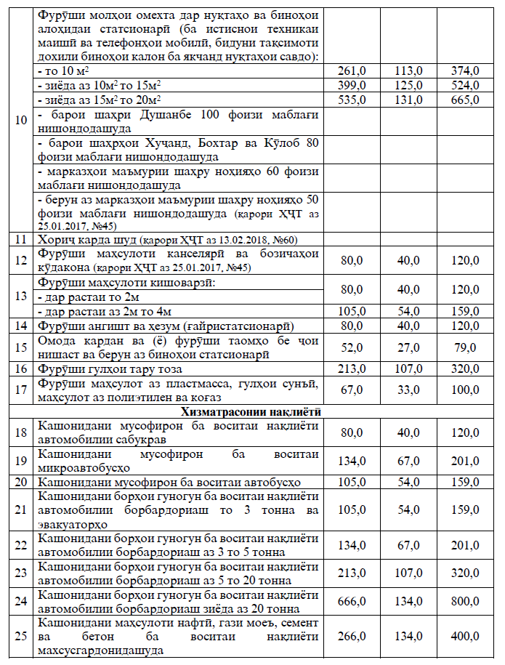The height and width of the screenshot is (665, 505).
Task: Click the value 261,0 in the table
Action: (352, 70)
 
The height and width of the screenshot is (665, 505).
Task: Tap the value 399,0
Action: (352, 85)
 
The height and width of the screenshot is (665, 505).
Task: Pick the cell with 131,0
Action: (409, 100)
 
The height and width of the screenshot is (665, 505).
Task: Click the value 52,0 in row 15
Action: (352, 348)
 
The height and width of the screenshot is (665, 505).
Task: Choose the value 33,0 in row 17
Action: (409, 390)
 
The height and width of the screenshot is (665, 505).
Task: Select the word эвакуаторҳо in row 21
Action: (73, 524)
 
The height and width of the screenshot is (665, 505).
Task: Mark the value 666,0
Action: (352, 602)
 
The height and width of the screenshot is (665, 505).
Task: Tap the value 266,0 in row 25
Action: (352, 636)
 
